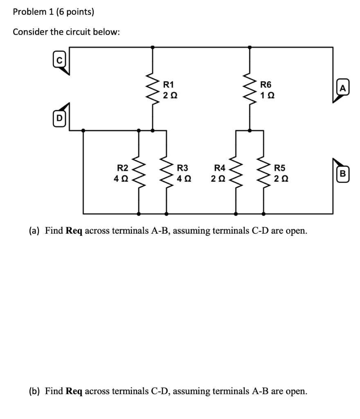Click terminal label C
coord(59,60)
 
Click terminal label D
coord(59,119)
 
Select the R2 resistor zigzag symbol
coord(139,173)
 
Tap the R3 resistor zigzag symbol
coord(166,173)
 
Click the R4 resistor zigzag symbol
coord(236,173)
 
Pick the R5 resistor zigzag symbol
coord(263,173)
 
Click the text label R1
coord(169,85)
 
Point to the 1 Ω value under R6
coord(266,96)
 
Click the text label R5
coord(280,167)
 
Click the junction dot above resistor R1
coord(153,47)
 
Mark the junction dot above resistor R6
coord(250,47)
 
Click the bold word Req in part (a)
coord(74,231)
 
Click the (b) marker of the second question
coord(34,391)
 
